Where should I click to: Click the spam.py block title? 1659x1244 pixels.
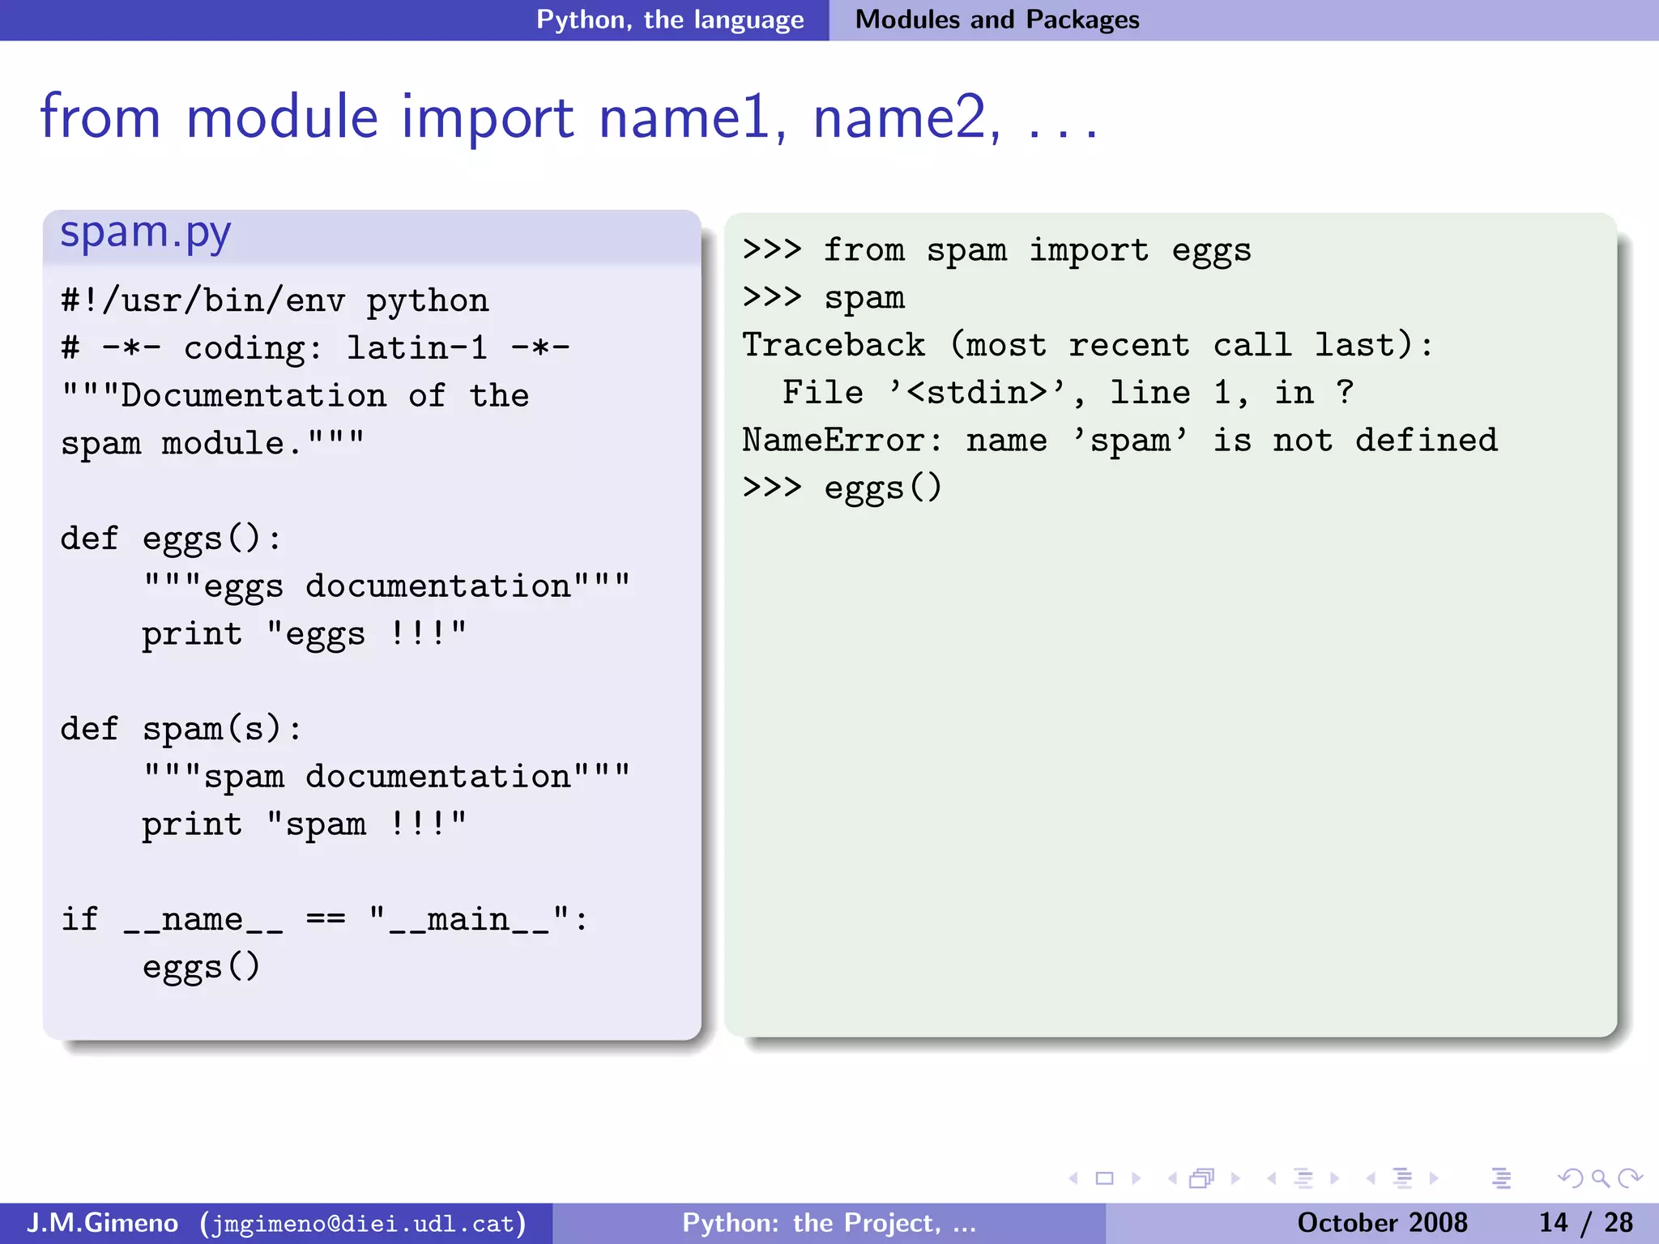[146, 234]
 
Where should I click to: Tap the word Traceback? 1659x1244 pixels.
[834, 346]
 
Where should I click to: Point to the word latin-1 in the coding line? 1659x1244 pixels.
[417, 349]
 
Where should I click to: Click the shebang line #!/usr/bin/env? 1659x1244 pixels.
[203, 301]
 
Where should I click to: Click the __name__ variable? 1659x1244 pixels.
[203, 920]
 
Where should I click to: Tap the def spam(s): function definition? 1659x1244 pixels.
[181, 730]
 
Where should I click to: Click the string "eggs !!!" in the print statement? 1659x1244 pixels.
[366, 634]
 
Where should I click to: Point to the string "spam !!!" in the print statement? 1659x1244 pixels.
[366, 824]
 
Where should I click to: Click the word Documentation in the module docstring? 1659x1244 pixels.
[254, 396]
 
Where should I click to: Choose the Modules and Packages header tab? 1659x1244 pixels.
[997, 19]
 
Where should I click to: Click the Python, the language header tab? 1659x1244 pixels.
[670, 19]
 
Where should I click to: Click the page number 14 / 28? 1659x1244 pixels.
[1585, 1223]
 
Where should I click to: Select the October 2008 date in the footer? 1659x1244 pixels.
[1382, 1223]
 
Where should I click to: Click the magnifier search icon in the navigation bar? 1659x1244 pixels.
[1600, 1178]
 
